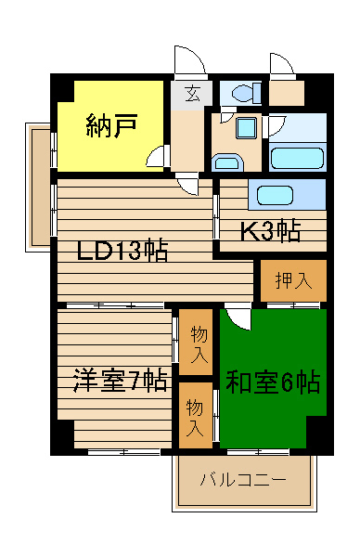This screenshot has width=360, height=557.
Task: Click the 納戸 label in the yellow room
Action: tap(111, 125)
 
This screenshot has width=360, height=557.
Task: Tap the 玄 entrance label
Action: tap(192, 93)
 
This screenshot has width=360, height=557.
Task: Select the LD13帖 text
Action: tap(122, 251)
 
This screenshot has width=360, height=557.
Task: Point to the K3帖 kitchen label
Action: tap(271, 231)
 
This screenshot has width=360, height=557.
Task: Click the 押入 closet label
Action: tap(293, 280)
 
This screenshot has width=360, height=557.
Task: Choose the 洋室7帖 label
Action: tap(120, 381)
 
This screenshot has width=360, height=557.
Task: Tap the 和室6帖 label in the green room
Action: tap(273, 382)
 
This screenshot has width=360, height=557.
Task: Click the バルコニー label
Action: tap(243, 480)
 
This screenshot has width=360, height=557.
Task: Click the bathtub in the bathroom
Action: tap(297, 158)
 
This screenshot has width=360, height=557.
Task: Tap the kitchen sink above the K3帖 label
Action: tap(275, 195)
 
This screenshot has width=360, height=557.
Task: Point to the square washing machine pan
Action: tap(246, 128)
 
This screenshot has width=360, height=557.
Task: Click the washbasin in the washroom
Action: tap(227, 162)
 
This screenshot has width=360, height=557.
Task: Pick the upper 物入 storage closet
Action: tap(196, 342)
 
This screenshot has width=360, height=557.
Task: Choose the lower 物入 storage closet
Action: tap(196, 415)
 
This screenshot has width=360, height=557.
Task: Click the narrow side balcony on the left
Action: tap(37, 188)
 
